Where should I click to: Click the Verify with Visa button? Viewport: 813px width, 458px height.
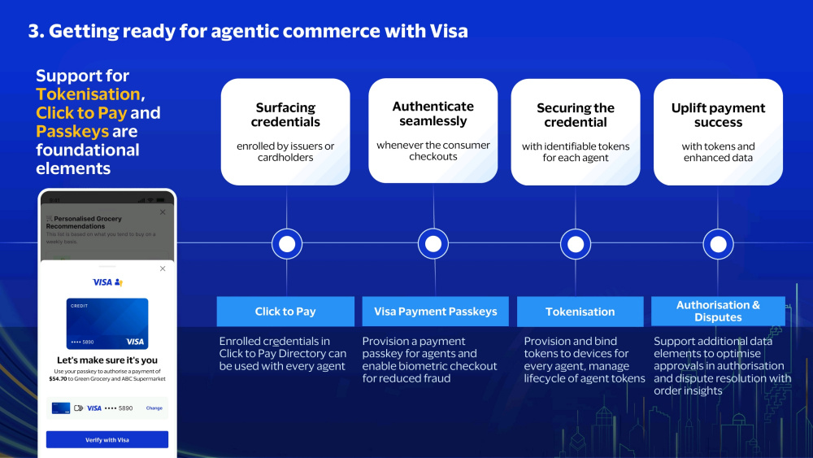(107, 439)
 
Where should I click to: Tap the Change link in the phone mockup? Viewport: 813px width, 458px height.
(154, 408)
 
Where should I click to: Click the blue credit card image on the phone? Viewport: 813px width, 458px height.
(107, 323)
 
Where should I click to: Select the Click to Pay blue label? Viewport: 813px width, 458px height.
(285, 312)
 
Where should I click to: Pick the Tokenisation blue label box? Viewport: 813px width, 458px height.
(580, 312)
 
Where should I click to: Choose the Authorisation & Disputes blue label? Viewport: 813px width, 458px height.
(718, 311)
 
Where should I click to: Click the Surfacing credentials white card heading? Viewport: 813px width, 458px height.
(285, 115)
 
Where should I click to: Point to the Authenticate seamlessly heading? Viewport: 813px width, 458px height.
(433, 114)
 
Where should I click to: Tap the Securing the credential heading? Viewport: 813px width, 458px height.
(576, 115)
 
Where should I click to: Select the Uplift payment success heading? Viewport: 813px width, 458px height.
(718, 115)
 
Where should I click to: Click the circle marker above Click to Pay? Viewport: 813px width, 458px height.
(286, 243)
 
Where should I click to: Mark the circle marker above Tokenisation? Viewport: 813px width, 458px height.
(576, 243)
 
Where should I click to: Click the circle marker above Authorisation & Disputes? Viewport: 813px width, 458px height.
(718, 243)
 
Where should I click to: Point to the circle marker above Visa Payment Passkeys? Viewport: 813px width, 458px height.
(433, 243)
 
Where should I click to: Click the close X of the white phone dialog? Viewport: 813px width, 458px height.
(163, 268)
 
